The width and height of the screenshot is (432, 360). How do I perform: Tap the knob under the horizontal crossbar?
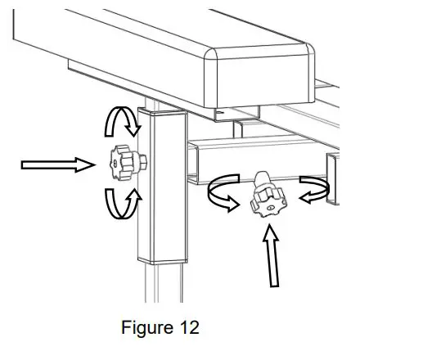coord(268,198)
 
